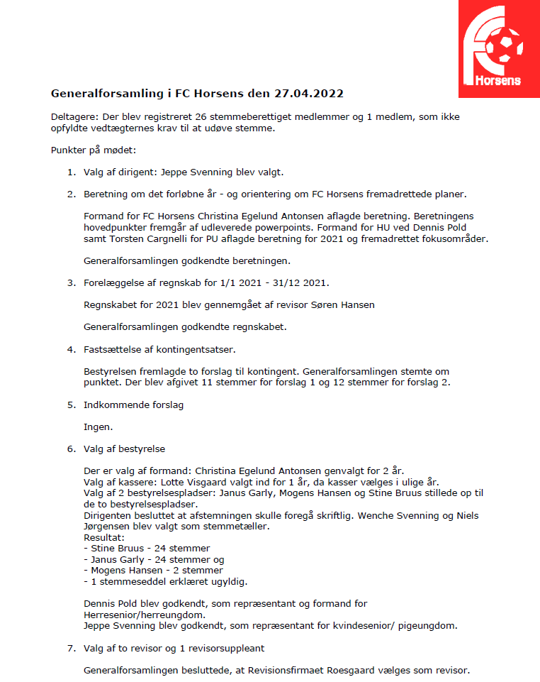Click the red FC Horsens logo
[498, 48]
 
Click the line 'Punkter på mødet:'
[92, 150]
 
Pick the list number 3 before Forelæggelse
[71, 283]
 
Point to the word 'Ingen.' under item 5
[99, 427]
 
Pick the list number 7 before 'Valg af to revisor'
[71, 648]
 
